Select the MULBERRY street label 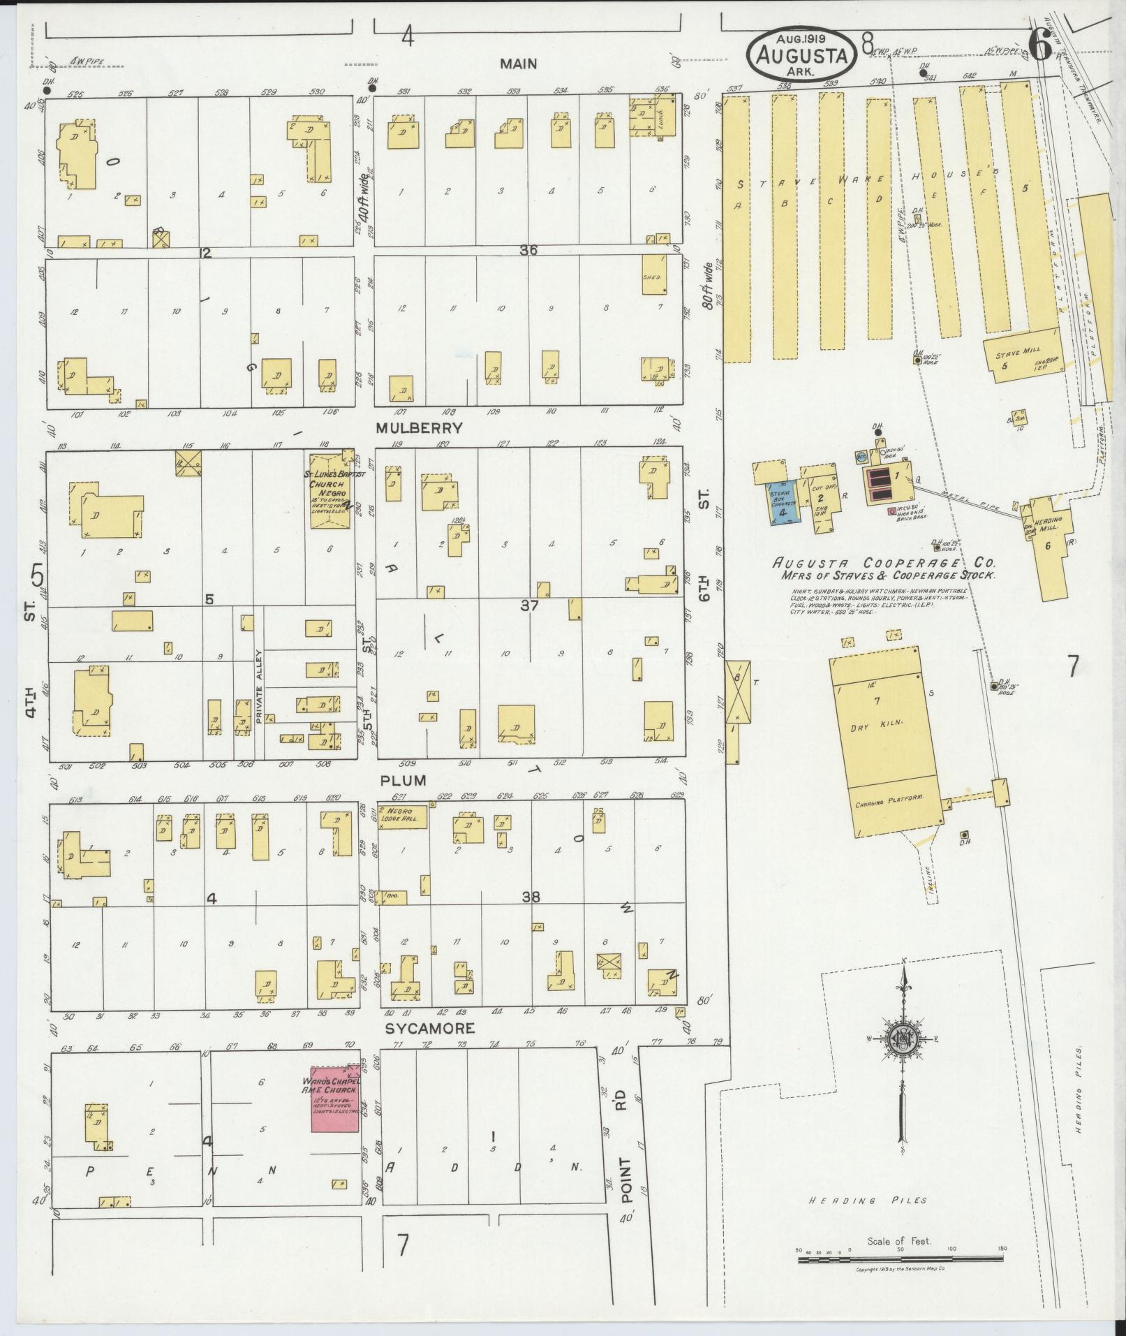pos(419,428)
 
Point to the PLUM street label pos(403,780)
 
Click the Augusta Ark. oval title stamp pos(802,53)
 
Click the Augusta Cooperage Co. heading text pos(884,563)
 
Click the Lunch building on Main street pos(653,115)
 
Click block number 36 pos(528,249)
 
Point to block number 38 pos(531,897)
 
